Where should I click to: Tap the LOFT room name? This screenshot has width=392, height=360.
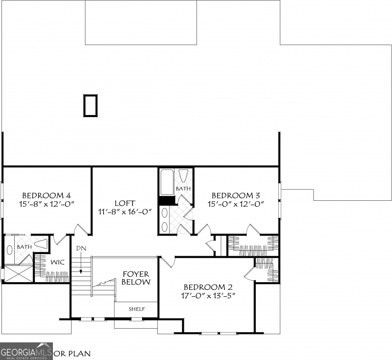[x=125, y=203]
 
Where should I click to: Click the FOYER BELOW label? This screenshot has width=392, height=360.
[x=136, y=278]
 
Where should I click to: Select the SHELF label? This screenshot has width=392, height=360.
[x=136, y=309]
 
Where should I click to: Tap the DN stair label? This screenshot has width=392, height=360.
[x=81, y=248]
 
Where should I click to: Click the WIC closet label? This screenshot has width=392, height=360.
[x=58, y=262]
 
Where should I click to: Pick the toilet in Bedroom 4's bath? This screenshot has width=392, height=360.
[x=41, y=244]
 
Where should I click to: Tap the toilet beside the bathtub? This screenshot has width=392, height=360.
[x=184, y=176]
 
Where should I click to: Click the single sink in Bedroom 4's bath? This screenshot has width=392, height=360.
[x=10, y=249]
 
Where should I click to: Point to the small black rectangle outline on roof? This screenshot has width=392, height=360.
[x=90, y=106]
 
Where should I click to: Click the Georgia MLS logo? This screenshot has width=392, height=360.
[x=26, y=351]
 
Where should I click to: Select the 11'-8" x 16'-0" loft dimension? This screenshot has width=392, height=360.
[x=125, y=212]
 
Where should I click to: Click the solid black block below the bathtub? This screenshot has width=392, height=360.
[x=167, y=200]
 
